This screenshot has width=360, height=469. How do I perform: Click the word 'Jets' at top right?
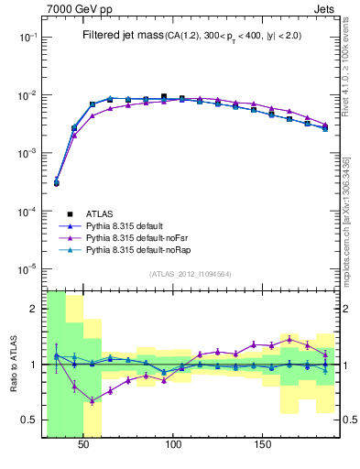click(x=322, y=8)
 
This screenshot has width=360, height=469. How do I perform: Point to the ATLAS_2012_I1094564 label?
click(x=190, y=274)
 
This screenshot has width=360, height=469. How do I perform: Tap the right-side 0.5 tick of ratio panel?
click(x=347, y=420)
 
